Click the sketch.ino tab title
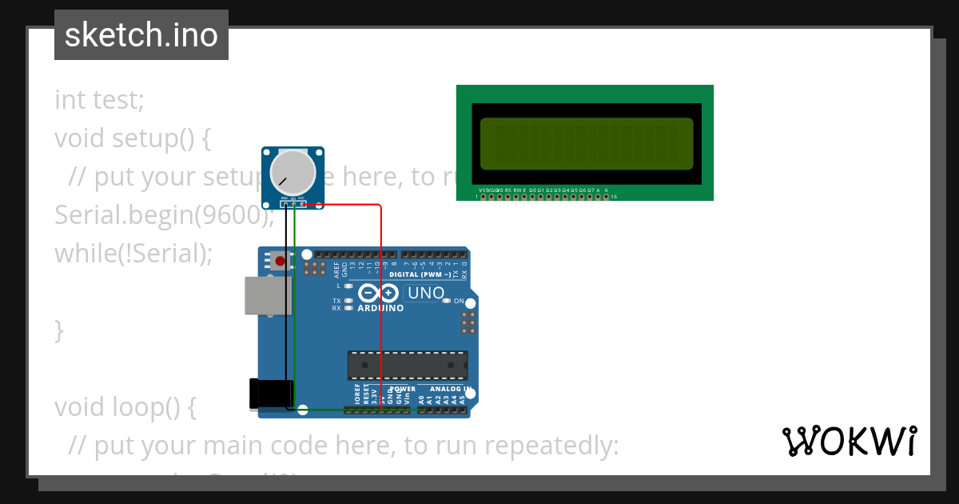pos(141,35)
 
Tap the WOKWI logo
pos(849,441)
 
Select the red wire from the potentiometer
pos(380,304)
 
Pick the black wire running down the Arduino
pos(286,312)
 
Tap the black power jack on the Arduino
pos(270,394)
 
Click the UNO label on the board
pos(426,293)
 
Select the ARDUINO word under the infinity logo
pos(380,308)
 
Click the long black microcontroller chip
pos(408,365)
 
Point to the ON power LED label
pos(460,302)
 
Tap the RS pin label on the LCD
pos(507,190)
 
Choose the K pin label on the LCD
pos(607,190)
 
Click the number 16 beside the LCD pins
pos(613,197)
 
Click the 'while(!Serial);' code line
pos(133,253)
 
